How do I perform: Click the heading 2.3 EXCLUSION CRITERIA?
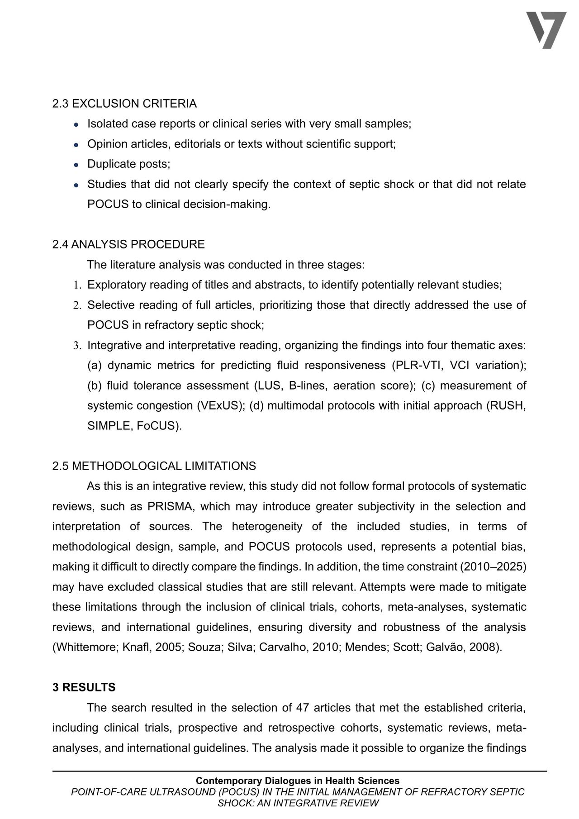click(x=124, y=104)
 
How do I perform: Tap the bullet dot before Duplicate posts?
click(x=77, y=164)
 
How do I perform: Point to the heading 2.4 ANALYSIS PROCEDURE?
click(x=128, y=244)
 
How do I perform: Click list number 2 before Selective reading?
click(x=77, y=305)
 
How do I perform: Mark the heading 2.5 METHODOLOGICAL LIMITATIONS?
click(x=154, y=466)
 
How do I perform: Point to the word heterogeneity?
click(x=267, y=526)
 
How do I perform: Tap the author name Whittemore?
click(x=85, y=647)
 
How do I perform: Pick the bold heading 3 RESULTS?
click(x=84, y=687)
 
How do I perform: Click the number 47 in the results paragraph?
click(x=302, y=708)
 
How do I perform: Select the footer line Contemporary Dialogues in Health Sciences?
click(x=298, y=781)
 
